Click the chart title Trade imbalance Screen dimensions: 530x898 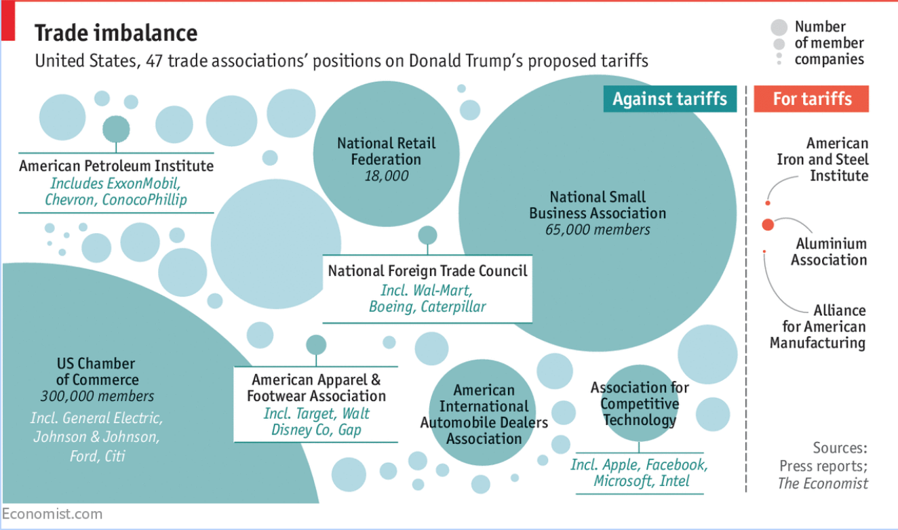click(116, 33)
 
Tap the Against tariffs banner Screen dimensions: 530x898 click(669, 99)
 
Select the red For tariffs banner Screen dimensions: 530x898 click(812, 99)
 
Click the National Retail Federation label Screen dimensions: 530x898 click(386, 151)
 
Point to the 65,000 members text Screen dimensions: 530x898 click(598, 230)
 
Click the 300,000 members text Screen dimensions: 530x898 click(97, 396)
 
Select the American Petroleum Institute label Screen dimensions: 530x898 click(116, 166)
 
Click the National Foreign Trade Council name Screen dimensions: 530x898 click(427, 271)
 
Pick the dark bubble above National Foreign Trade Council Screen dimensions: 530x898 click(427, 235)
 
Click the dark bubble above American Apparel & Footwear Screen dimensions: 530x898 click(316, 344)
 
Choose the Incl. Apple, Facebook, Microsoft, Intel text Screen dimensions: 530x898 click(639, 473)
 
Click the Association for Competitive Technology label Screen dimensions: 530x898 click(639, 404)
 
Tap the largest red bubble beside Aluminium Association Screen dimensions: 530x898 click(768, 224)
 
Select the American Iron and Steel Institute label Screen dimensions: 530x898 click(823, 160)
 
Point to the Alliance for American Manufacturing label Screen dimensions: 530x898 click(818, 327)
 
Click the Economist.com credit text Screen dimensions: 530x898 click(52, 514)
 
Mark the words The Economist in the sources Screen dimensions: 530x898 click(823, 484)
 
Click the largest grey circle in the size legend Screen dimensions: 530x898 click(779, 28)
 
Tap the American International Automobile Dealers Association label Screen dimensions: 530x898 click(484, 414)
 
